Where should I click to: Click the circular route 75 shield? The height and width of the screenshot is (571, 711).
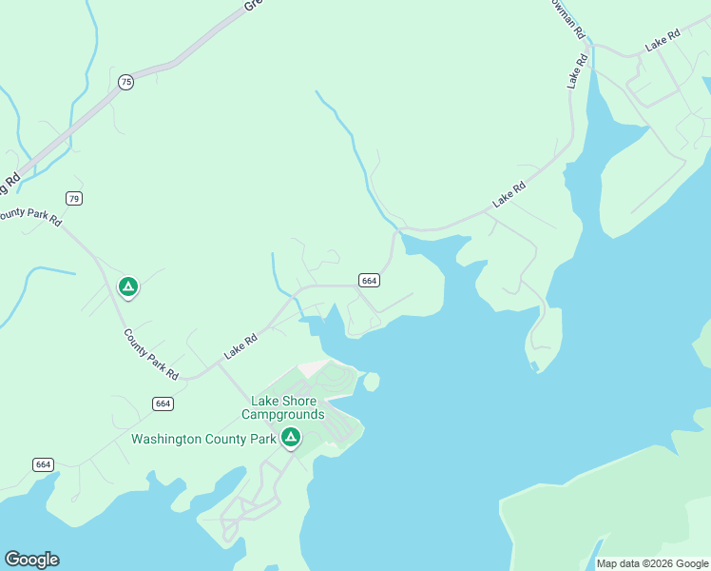tap(125, 83)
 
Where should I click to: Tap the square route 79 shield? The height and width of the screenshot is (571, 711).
tap(74, 198)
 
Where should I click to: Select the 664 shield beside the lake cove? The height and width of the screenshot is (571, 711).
tap(370, 280)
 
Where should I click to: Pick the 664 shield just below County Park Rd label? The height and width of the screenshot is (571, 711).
tap(163, 404)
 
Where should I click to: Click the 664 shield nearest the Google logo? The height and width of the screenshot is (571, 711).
tap(43, 464)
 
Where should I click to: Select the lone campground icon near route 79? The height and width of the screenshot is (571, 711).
tap(127, 285)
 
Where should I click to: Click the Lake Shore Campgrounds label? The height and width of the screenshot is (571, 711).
tap(282, 407)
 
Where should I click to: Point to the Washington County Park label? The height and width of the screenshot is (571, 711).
tap(203, 439)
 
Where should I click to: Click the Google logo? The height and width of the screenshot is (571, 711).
tap(31, 560)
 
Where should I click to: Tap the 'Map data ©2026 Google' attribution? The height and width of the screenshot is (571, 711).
tap(652, 563)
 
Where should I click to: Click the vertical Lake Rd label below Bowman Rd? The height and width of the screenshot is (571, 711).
tap(578, 71)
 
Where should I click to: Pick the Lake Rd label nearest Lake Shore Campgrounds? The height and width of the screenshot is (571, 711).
tap(240, 345)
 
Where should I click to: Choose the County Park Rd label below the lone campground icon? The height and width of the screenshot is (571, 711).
tap(151, 355)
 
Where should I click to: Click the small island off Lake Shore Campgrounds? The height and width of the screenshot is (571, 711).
tap(372, 382)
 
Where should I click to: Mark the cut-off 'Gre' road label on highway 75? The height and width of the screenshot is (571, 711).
tap(252, 5)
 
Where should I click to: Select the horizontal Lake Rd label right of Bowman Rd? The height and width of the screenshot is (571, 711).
tap(663, 40)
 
